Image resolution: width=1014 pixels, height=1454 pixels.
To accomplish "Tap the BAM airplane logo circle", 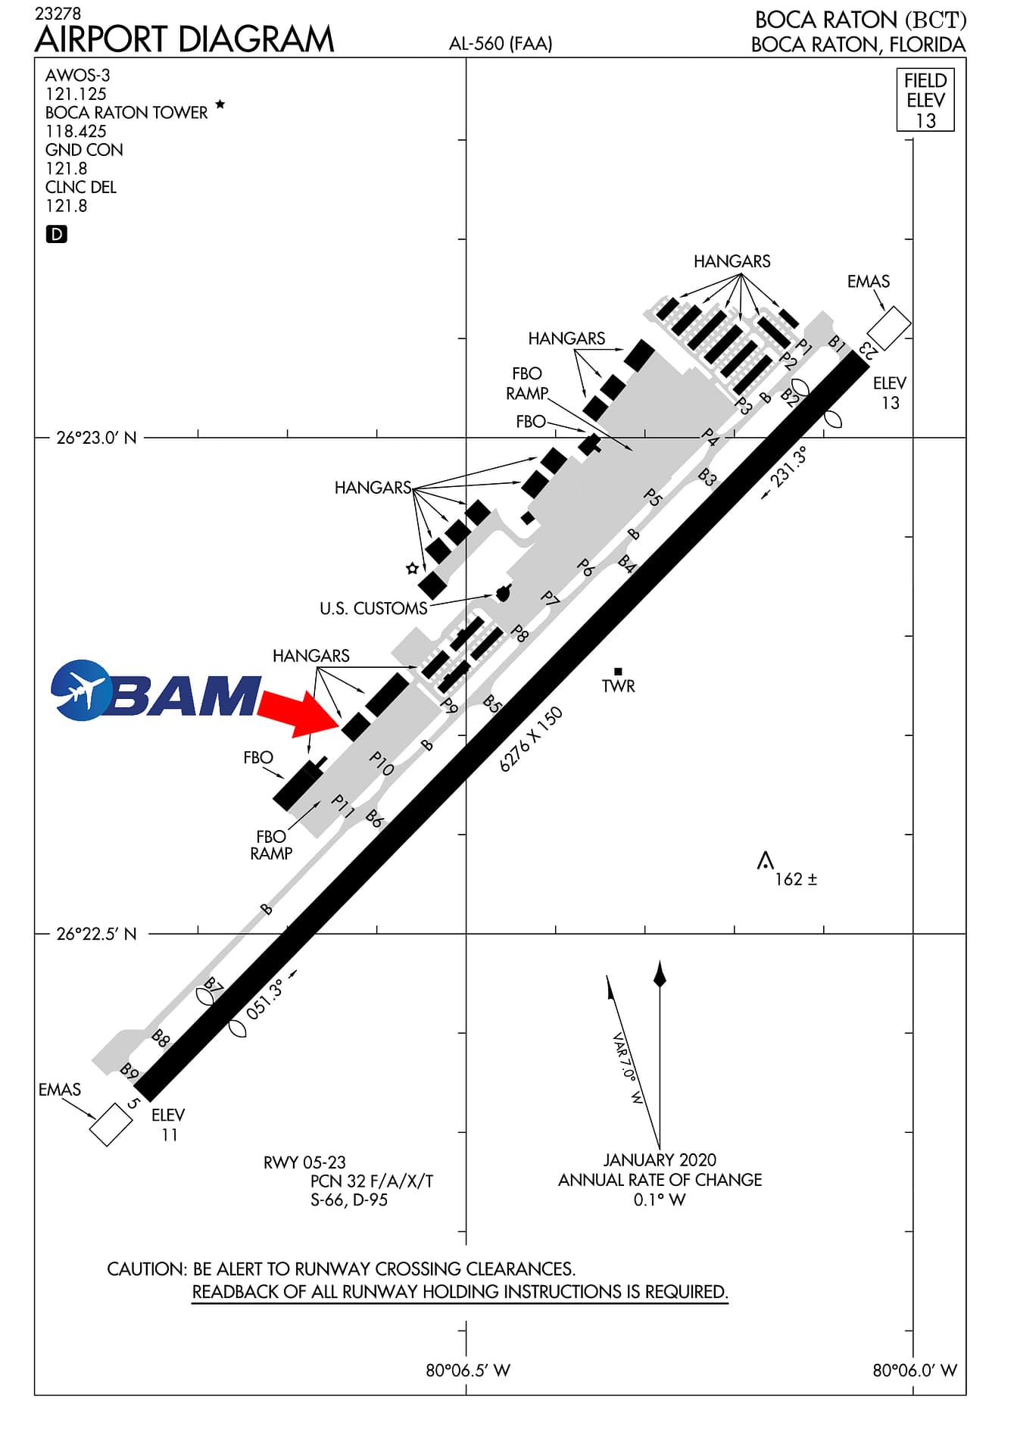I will click(81, 690).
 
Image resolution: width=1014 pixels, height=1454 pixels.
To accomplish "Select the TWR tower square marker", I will click(618, 671).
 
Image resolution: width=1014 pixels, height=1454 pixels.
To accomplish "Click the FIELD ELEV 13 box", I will click(925, 101).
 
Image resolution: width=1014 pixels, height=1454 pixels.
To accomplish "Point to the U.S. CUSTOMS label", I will click(373, 609).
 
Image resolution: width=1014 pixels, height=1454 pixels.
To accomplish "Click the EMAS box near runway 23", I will click(888, 328).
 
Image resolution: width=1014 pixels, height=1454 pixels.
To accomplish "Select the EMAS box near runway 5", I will click(111, 1124).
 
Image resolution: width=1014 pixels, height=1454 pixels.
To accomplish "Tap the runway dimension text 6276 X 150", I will click(531, 739).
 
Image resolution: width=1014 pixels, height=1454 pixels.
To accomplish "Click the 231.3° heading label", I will click(788, 466).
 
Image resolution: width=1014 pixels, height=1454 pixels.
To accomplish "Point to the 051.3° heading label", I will click(265, 999).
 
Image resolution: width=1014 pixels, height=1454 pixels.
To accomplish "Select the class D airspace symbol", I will click(57, 235).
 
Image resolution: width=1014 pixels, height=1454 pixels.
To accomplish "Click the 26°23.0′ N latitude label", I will click(97, 438).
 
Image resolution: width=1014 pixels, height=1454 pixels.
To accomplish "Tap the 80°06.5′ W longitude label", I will click(467, 1370).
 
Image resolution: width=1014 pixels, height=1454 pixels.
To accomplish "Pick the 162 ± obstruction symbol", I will click(766, 861).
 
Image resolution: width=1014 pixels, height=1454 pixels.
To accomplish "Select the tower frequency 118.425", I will click(76, 131).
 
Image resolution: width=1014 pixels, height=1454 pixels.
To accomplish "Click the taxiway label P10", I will click(382, 763).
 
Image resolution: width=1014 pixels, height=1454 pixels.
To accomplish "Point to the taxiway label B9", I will click(129, 1072).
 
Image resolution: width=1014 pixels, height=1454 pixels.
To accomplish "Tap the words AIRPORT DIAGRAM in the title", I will click(185, 40).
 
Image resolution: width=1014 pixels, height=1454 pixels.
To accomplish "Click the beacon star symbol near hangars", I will click(412, 568).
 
